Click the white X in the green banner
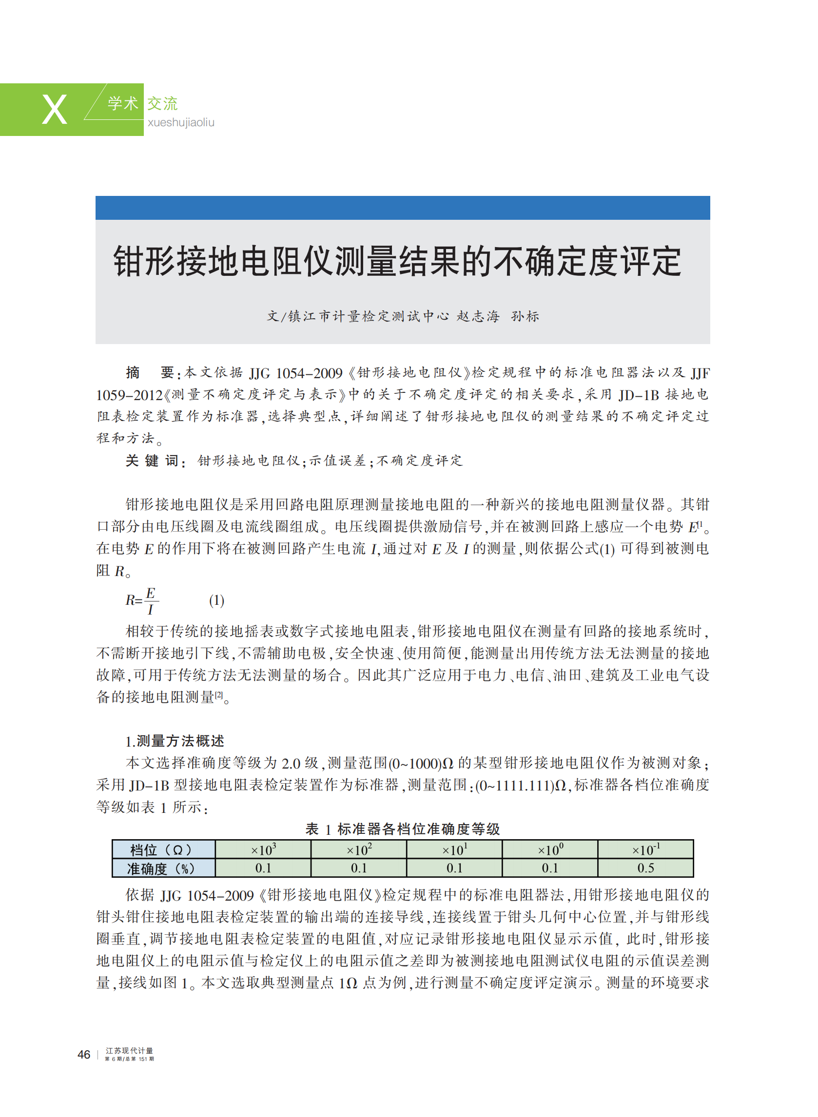(x=55, y=109)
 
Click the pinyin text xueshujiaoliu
(x=181, y=122)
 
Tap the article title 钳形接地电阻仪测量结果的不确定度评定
(x=397, y=261)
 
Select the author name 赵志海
(x=478, y=316)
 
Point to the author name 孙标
(x=525, y=316)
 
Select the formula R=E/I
(x=142, y=601)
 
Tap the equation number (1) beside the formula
(x=216, y=600)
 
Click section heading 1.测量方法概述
(x=175, y=741)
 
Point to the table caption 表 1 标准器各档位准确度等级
(x=403, y=828)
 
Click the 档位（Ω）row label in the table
(x=163, y=850)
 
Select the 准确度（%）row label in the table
(x=163, y=868)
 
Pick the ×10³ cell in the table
(x=263, y=850)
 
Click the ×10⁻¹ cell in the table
(x=645, y=850)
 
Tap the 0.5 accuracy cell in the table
(x=645, y=868)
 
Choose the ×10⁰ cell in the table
(x=550, y=850)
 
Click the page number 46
(x=84, y=1055)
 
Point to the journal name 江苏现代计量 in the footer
(x=129, y=1050)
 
